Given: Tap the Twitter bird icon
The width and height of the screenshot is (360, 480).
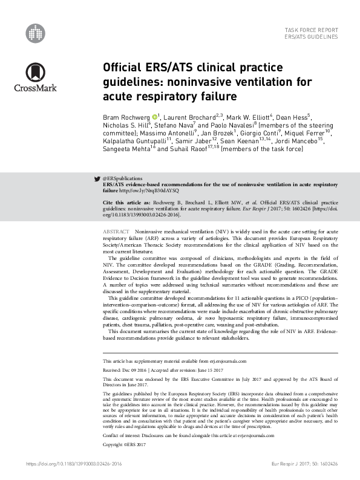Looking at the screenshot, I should [x=97, y=179].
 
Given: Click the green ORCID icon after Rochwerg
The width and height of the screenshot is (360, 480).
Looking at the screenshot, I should [x=155, y=116].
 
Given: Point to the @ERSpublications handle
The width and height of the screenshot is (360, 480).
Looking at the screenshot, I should [x=123, y=179].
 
